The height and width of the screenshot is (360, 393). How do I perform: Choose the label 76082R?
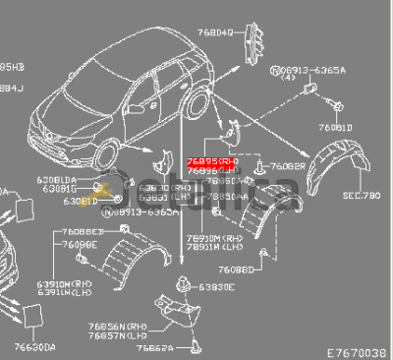click(x=286, y=166)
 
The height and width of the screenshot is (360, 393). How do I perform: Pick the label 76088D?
click(x=239, y=268)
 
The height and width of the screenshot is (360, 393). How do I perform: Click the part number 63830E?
click(x=216, y=286)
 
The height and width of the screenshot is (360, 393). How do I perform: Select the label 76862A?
click(x=156, y=347)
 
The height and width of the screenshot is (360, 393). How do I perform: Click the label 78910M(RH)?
click(x=196, y=239)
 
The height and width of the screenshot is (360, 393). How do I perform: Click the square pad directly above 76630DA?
click(x=32, y=315)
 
